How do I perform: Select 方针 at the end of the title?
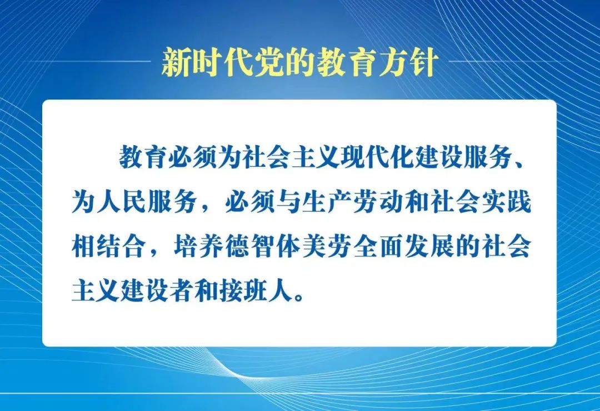(x=411, y=63)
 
